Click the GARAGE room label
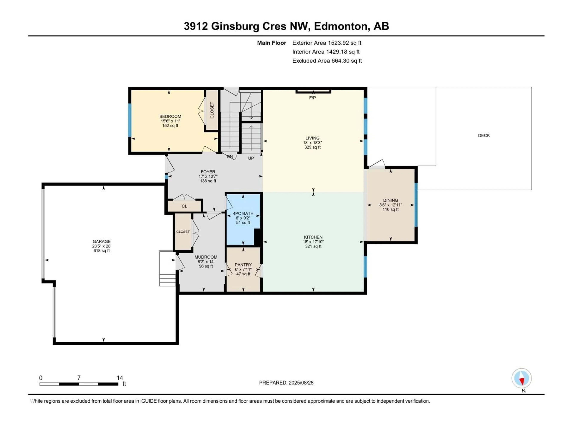tap(102, 241)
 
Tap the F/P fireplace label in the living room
tap(312, 98)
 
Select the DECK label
tap(484, 135)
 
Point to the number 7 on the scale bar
tap(79, 378)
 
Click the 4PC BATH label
tap(243, 213)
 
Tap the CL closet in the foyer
tap(184, 206)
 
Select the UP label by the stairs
tap(251, 158)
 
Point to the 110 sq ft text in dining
tap(390, 209)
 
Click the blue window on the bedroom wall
tap(130, 120)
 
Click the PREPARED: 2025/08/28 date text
tap(286, 383)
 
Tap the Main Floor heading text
tap(271, 43)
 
